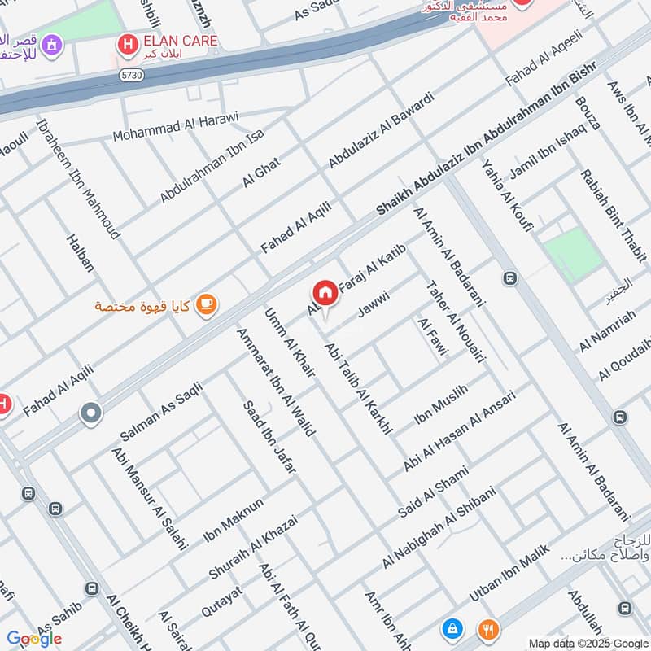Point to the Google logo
(34, 638)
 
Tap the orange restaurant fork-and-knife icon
(488, 628)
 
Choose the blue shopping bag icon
(451, 628)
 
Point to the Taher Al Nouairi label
(455, 321)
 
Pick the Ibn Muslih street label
(442, 404)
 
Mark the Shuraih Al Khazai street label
(253, 546)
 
